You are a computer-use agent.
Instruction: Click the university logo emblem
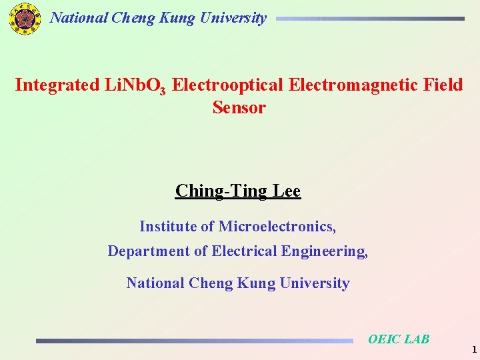click(25, 19)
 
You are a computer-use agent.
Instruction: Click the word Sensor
click(239, 107)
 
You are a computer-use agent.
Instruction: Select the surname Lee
click(286, 191)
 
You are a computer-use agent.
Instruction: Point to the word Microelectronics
click(277, 227)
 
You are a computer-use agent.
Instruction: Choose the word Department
click(149, 251)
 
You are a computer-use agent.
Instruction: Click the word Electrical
click(245, 251)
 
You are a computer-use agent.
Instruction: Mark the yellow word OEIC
click(385, 339)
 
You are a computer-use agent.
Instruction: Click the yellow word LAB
click(417, 339)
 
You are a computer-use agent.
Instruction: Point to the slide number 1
click(473, 349)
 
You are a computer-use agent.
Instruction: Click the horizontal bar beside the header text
click(370, 19)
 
